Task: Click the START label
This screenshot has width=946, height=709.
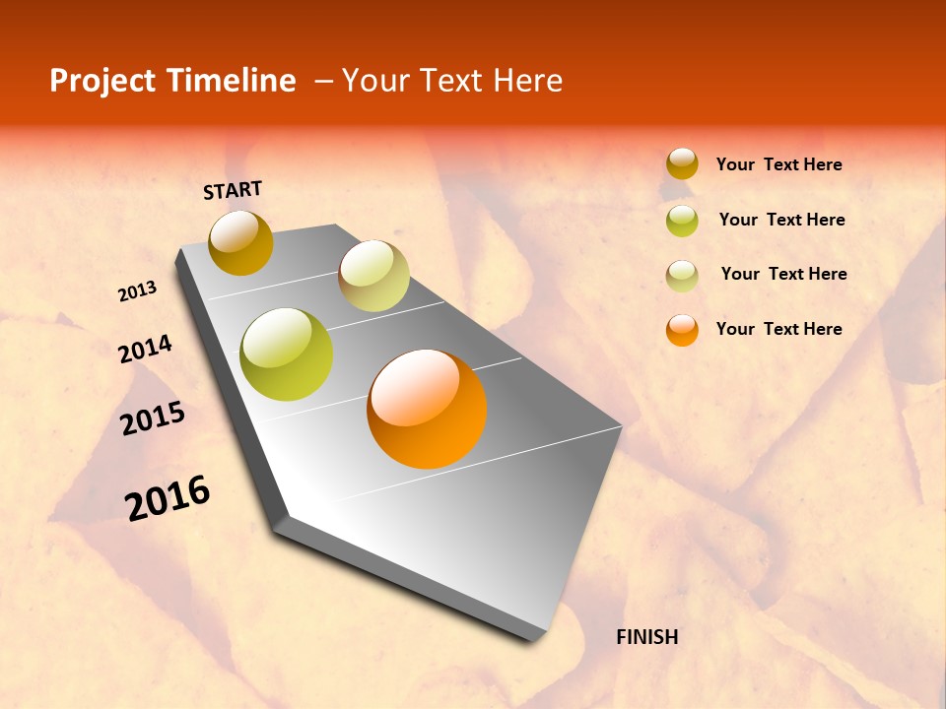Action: coord(233,190)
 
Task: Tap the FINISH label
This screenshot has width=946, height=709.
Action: coord(646,637)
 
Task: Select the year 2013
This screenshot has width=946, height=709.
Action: coord(138,291)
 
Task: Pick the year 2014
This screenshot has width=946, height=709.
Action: coord(145,350)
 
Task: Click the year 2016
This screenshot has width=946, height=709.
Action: coord(168,498)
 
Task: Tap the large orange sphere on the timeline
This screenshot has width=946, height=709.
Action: coord(427,409)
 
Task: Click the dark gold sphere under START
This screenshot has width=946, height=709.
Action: coord(240,242)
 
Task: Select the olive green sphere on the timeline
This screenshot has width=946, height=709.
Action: coord(286,354)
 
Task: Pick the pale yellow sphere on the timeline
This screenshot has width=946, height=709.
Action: coord(373,276)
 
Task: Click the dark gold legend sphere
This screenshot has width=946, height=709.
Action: coord(682,164)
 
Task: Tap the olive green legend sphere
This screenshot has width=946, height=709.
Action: coord(682,221)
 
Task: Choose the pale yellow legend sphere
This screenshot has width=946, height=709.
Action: coord(682,276)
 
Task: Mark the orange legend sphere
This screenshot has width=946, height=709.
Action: coord(682,330)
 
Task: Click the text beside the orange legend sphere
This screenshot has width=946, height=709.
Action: coord(778,329)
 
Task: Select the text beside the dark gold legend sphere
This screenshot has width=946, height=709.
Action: coord(778,164)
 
